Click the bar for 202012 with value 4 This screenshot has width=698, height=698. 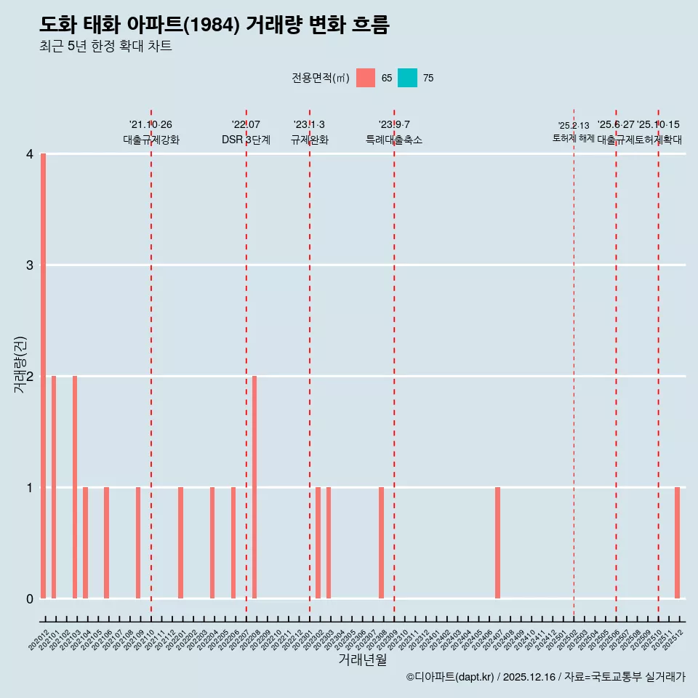tap(44, 376)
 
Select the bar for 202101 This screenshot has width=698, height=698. tap(54, 487)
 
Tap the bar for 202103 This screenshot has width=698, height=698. tap(75, 487)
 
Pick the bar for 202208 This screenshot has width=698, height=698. tap(254, 487)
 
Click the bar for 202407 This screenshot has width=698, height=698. tap(497, 542)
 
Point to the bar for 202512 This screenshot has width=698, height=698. tap(677, 542)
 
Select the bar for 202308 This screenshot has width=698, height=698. tap(381, 542)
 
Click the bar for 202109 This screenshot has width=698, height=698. tap(138, 542)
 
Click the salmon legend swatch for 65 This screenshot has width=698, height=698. tap(366, 78)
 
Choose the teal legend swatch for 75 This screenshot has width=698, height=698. tap(407, 78)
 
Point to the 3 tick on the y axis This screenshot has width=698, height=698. tap(30, 265)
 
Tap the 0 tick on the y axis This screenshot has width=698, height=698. tap(30, 598)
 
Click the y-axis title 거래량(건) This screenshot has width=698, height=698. tap(20, 364)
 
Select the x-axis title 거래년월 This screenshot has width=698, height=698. tap(362, 659)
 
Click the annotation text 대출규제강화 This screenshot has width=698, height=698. tap(151, 140)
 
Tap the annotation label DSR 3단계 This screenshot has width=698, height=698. tap(246, 140)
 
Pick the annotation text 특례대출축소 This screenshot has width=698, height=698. tap(393, 140)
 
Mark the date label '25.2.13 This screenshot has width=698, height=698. tap(573, 126)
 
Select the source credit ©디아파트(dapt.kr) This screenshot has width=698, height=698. tap(450, 677)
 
